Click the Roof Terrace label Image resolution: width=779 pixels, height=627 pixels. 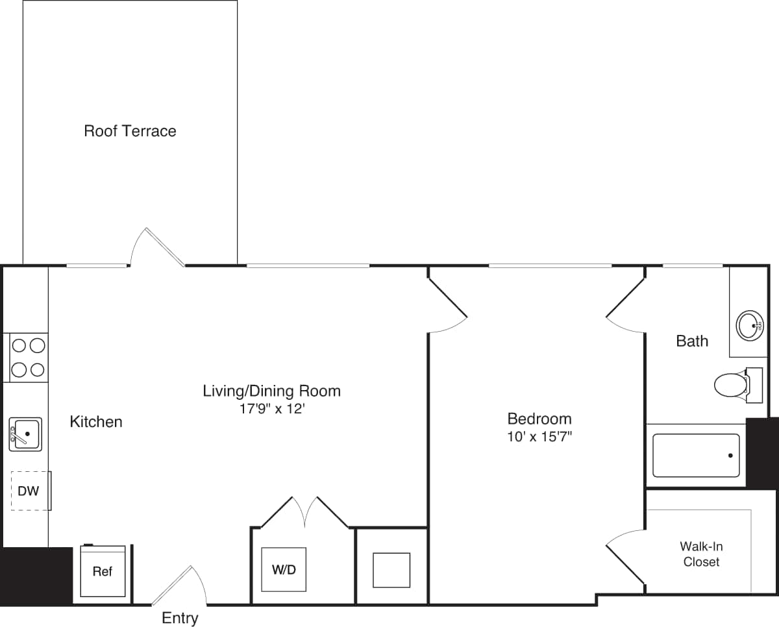pos(130,131)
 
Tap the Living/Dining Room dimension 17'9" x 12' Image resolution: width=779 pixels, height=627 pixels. pos(271,410)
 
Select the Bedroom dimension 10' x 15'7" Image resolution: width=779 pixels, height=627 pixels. pos(539,437)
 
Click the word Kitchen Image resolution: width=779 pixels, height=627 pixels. pos(96,422)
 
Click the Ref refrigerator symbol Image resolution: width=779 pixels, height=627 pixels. pos(103,571)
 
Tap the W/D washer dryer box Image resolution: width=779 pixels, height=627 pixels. pos(284,570)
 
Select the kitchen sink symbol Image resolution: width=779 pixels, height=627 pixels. pos(25,434)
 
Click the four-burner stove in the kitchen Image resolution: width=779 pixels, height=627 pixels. pos(28,358)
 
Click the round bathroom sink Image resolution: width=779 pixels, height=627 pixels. pos(750,325)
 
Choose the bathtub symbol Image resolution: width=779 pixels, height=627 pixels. pos(696,456)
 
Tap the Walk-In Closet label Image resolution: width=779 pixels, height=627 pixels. pos(701,554)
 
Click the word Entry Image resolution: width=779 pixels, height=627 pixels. pos(180,618)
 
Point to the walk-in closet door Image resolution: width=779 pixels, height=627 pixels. pos(624,555)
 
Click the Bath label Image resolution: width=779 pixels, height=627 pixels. pos(692,341)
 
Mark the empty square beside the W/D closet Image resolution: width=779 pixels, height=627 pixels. pos(391,570)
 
